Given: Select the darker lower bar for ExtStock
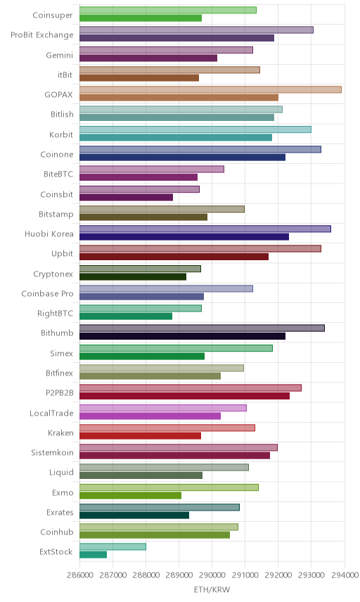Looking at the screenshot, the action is tap(94, 554).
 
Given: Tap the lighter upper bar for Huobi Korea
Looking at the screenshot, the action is tap(205, 229).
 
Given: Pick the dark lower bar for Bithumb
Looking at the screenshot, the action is tap(182, 336).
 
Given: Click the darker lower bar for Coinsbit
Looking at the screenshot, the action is tap(127, 197).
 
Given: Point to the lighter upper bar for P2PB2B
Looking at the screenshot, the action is tap(191, 388).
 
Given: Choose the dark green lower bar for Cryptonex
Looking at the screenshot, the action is tap(133, 276).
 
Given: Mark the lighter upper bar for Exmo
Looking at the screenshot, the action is tap(169, 487).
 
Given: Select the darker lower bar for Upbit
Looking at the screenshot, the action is tap(174, 257).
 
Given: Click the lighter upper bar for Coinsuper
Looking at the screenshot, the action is tap(168, 10).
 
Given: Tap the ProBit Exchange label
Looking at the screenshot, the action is tap(41, 35).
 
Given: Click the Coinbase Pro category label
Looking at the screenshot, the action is tap(47, 294).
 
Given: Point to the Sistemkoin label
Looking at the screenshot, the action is tap(52, 453).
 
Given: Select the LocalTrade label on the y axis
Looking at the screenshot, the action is tap(51, 413).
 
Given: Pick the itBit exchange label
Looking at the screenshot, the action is tap(65, 75).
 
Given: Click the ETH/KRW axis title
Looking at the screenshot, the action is tap(212, 590).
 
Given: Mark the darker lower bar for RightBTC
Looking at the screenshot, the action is tap(126, 316).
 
